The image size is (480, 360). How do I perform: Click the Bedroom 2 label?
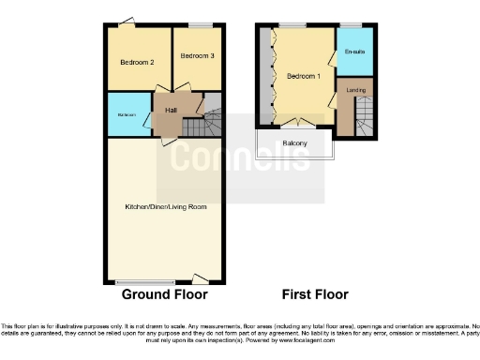137,62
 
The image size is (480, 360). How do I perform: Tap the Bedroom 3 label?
197,56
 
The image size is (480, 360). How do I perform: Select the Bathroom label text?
127,115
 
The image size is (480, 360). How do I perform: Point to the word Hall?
171,111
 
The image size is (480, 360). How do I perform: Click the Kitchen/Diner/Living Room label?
165,206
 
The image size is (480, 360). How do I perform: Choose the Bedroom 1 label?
303,75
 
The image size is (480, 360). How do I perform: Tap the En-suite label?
354,51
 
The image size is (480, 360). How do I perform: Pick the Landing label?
356,90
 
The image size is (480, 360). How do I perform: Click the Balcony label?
296,143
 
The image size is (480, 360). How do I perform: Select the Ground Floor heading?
164,293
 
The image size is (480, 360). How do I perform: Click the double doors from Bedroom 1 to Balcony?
298,122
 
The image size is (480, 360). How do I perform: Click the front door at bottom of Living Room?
200,278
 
